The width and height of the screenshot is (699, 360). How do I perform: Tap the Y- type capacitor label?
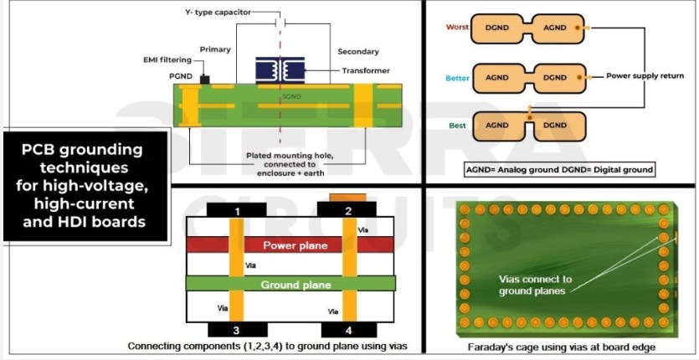tap(220, 13)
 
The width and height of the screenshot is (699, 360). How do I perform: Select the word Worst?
tap(457, 28)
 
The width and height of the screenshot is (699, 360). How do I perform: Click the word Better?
tap(456, 77)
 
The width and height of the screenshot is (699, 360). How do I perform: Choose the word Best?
tap(458, 126)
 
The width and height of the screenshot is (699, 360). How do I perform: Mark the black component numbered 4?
tap(348, 329)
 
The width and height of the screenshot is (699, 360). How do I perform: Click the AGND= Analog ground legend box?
tap(559, 169)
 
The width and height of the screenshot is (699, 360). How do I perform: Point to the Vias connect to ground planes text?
tap(536, 285)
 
